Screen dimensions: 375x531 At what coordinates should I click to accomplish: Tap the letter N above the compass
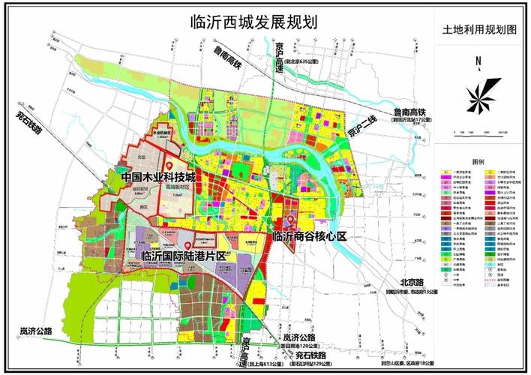tap(477, 62)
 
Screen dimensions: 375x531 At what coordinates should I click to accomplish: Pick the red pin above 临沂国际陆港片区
tap(187, 244)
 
